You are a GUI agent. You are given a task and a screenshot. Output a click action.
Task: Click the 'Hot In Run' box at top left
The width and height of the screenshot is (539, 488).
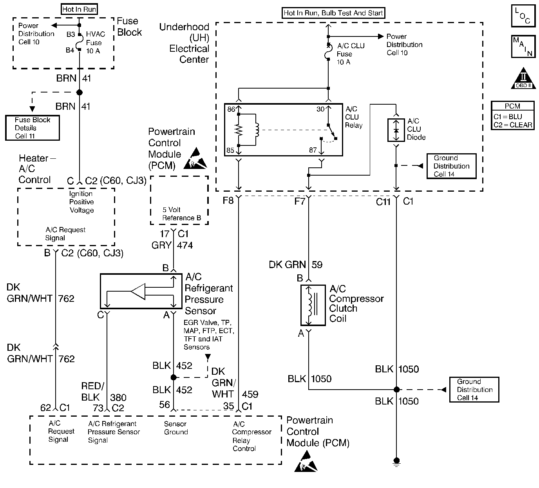pyautogui.click(x=80, y=9)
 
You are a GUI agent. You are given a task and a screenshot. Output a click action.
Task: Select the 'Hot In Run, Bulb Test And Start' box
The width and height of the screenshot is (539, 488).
pyautogui.click(x=333, y=13)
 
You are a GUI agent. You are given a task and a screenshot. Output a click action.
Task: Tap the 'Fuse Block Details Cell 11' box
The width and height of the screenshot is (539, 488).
pyautogui.click(x=33, y=128)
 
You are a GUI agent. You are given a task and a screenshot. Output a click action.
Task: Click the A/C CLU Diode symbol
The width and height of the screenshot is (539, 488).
pyautogui.click(x=396, y=129)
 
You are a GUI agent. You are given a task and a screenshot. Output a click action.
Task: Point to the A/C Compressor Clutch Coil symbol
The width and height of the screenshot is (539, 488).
pyautogui.click(x=313, y=305)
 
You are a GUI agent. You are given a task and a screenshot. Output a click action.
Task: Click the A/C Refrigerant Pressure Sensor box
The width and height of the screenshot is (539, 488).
pyautogui.click(x=141, y=291)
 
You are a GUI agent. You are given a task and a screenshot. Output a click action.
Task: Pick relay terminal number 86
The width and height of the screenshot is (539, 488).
pyautogui.click(x=231, y=109)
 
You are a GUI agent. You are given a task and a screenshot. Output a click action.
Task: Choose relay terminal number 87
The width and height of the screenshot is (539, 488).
pyautogui.click(x=313, y=150)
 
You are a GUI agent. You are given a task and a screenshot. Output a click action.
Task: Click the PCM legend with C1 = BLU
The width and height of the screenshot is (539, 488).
pyautogui.click(x=513, y=116)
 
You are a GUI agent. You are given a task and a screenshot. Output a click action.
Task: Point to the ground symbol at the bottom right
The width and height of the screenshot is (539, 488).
pyautogui.click(x=396, y=462)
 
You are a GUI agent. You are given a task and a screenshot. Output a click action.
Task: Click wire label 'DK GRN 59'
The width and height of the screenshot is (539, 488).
pyautogui.click(x=295, y=265)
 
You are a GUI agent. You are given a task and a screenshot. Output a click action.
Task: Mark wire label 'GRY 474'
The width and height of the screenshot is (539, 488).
pyautogui.click(x=172, y=245)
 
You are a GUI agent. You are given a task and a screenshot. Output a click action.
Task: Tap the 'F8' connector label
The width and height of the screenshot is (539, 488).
pyautogui.click(x=228, y=201)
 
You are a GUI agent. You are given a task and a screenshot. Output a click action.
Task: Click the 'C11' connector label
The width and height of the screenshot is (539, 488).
pyautogui.click(x=383, y=202)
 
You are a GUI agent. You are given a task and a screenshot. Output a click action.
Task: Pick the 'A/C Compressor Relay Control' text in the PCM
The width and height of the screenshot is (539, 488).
pyautogui.click(x=251, y=436)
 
